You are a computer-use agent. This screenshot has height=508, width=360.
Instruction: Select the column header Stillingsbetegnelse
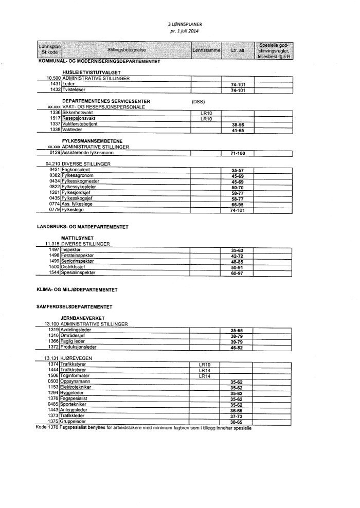tap(127, 50)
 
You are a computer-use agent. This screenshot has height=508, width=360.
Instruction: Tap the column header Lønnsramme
tap(206, 50)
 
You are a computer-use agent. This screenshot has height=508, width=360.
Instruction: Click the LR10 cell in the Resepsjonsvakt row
tap(206, 118)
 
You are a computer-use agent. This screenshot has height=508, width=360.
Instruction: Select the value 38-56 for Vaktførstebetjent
tap(237, 124)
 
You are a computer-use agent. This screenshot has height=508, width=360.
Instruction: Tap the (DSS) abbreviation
tap(199, 101)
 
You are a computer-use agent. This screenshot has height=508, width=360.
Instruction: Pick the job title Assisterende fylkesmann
tap(87, 153)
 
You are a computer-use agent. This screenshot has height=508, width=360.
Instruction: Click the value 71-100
tap(237, 153)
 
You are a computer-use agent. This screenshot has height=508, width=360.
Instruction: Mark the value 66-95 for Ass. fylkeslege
tap(237, 204)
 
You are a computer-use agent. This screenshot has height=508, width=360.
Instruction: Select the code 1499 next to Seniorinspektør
tap(55, 261)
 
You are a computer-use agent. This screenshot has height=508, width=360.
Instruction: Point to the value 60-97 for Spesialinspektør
tap(237, 273)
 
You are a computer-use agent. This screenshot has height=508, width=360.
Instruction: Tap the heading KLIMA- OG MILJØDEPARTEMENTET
tap(77, 289)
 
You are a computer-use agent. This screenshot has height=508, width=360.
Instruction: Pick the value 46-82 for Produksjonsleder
tap(237, 348)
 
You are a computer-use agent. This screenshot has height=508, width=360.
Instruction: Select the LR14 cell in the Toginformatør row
tap(206, 376)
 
